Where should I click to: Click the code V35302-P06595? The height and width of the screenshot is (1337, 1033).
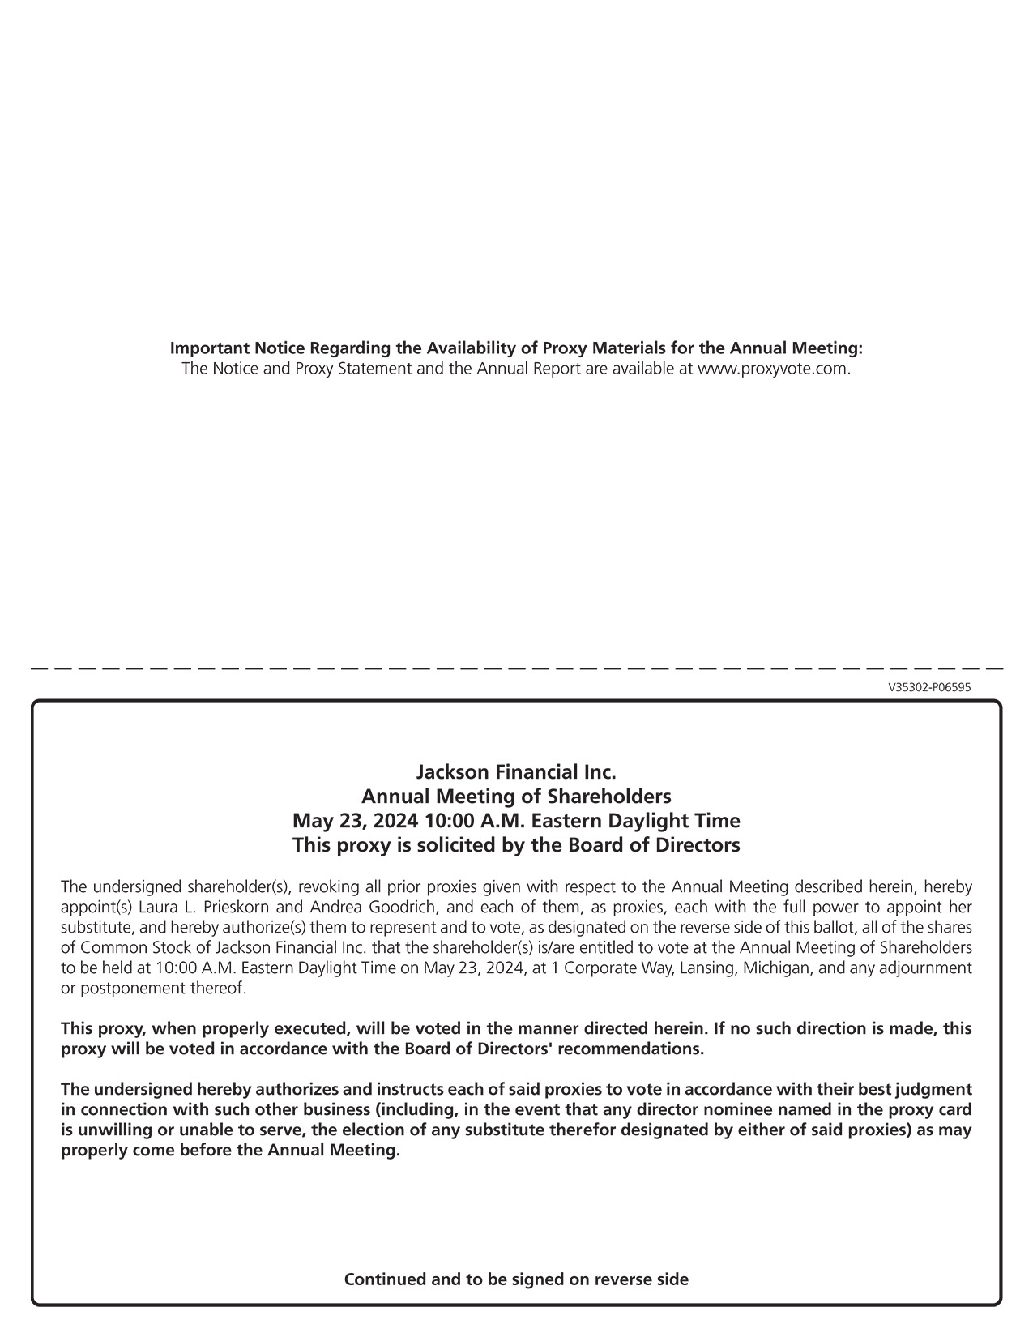929,687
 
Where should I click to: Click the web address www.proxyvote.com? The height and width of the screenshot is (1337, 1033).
773,369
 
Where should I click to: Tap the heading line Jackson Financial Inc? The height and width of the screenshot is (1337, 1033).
516,771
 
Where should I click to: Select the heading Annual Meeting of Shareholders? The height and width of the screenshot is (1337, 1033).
516,796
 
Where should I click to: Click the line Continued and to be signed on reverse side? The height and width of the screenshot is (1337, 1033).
516,1279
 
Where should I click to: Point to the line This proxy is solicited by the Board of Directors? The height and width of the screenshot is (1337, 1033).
516,845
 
